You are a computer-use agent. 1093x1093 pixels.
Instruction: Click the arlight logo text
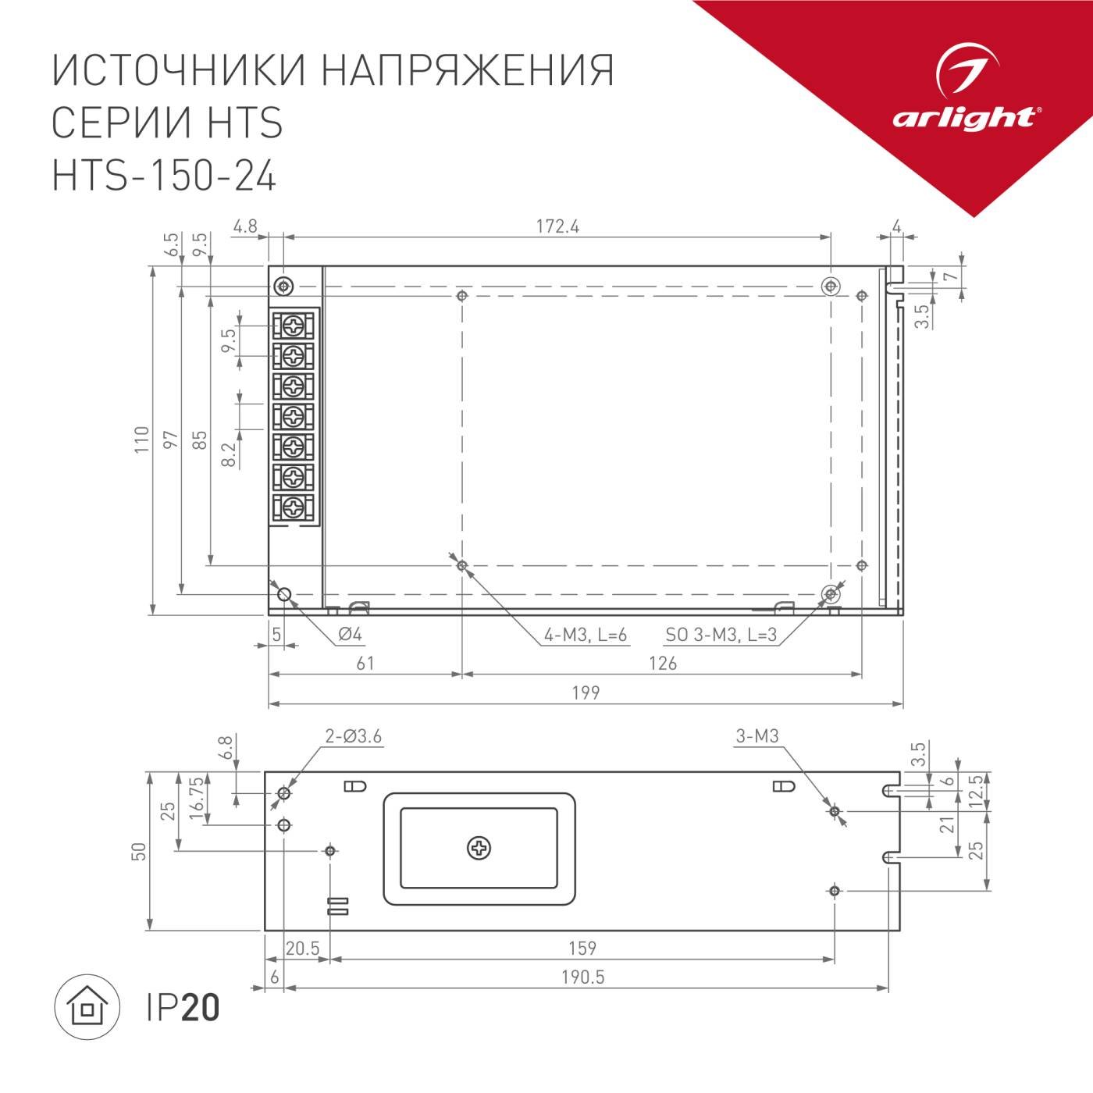point(965,118)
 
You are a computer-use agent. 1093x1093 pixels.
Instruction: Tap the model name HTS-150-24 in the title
point(164,176)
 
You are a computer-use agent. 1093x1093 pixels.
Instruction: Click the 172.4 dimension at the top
point(557,226)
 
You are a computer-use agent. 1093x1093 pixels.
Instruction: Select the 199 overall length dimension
point(586,692)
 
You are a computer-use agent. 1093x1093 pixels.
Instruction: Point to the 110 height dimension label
point(141,440)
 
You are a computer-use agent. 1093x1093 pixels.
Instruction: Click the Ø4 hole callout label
point(350,635)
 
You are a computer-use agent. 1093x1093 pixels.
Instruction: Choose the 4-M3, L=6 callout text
point(586,635)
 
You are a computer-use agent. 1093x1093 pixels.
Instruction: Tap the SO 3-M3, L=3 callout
point(721,635)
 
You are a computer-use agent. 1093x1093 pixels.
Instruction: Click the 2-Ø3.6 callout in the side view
point(354,736)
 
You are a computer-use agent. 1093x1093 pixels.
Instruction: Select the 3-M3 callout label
point(757,736)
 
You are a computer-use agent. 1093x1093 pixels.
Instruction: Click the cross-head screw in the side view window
point(479,848)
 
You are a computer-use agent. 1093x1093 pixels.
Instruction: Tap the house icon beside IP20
point(86,1008)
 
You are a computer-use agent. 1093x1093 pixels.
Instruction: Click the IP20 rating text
point(183,1008)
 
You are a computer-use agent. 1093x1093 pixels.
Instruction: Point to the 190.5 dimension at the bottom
point(582,977)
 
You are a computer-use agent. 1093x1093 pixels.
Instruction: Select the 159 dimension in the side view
point(582,948)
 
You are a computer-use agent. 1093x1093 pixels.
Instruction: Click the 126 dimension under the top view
point(662,664)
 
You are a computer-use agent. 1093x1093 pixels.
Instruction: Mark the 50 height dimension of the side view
point(139,851)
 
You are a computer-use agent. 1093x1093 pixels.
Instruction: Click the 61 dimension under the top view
point(365,664)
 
